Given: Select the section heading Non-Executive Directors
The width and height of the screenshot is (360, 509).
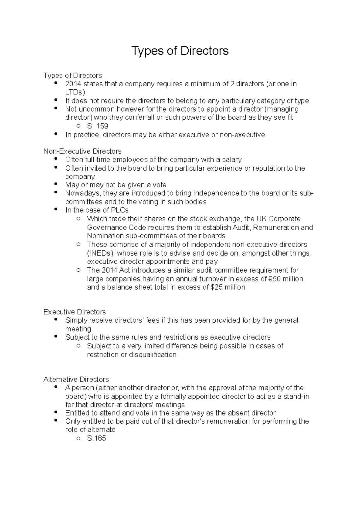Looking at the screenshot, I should (82, 151).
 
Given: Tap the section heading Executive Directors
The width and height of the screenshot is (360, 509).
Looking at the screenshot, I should (74, 312).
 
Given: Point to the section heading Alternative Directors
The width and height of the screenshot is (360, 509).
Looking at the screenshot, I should (76, 379).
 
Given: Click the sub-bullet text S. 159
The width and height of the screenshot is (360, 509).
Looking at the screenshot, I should (97, 126).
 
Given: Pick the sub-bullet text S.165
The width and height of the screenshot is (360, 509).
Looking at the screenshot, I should (96, 438).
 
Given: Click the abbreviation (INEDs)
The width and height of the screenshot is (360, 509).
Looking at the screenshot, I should (100, 253).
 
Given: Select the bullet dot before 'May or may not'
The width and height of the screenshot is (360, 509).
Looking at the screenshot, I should (56, 184).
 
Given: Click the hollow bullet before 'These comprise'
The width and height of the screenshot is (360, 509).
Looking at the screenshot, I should (78, 244).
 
